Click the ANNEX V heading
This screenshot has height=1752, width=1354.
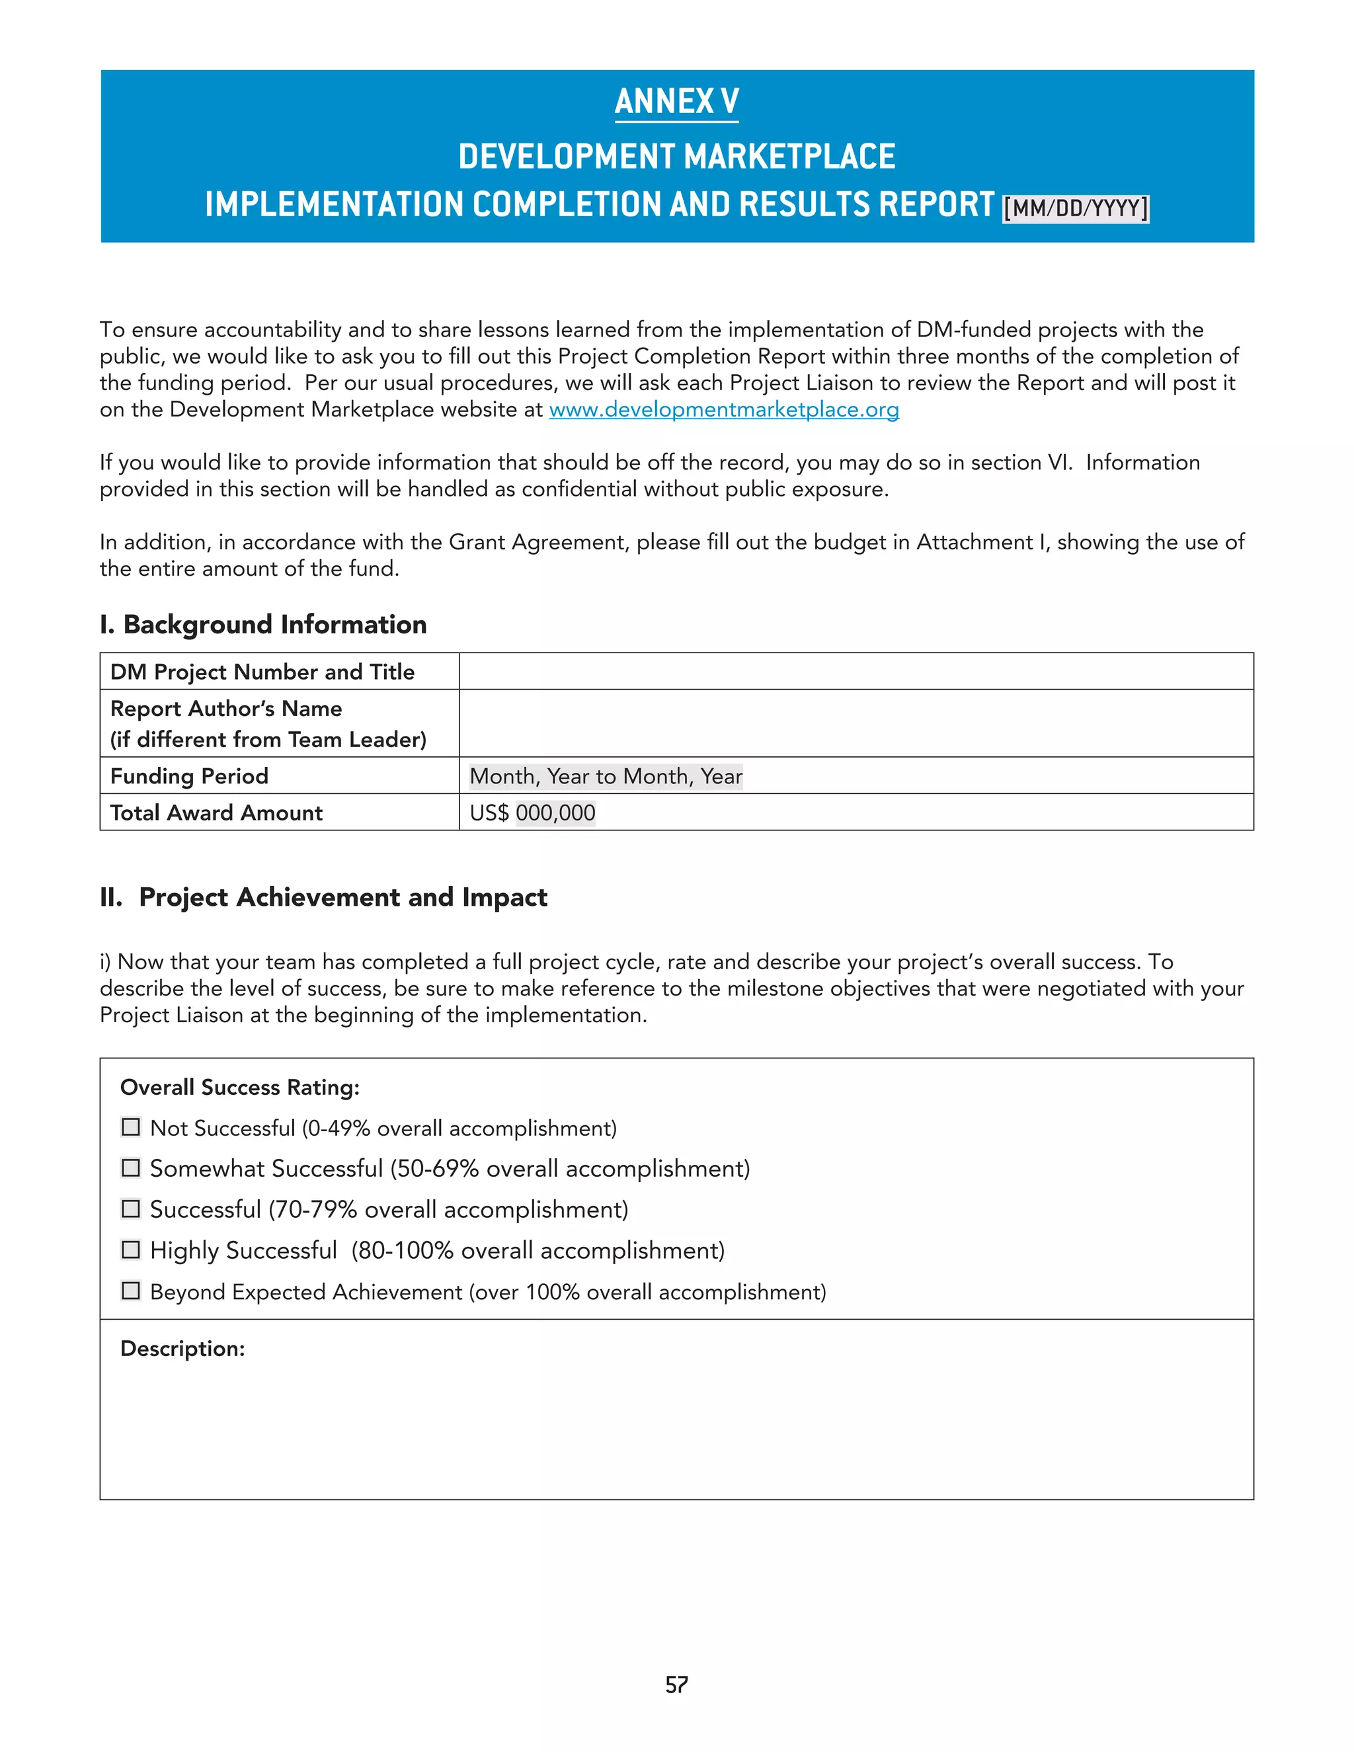[676, 102]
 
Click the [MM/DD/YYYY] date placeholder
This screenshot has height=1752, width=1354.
[1075, 208]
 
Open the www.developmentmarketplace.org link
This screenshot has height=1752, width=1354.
[723, 410]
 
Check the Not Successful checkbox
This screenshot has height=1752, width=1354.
[131, 1127]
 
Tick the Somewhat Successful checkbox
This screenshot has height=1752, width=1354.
[131, 1168]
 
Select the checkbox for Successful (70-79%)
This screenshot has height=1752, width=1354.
[131, 1209]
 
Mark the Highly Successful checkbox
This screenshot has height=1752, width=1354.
[131, 1250]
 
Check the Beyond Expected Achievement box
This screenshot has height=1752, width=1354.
[131, 1291]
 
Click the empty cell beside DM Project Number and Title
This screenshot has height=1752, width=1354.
[856, 672]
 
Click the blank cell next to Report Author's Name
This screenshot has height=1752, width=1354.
[856, 723]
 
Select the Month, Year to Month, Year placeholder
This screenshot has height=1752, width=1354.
[606, 777]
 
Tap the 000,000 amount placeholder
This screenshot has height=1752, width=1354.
[555, 813]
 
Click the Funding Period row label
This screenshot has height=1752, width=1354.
[189, 777]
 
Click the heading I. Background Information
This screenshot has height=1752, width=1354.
[263, 625]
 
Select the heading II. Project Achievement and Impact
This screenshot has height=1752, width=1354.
[323, 898]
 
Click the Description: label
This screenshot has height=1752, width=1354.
[182, 1349]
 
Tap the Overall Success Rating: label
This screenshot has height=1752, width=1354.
[240, 1088]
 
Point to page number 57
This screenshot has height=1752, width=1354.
[676, 1685]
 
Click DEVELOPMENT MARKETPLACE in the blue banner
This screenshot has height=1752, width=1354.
[676, 157]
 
